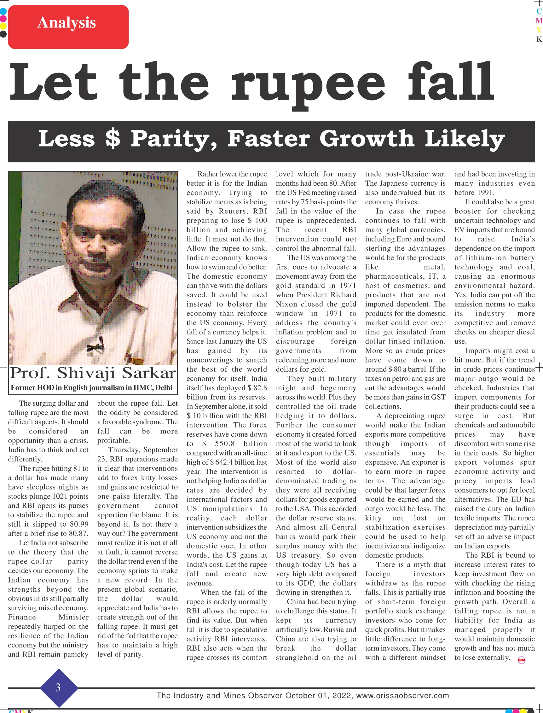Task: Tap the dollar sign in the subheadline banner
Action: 113,139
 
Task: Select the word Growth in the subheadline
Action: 367,139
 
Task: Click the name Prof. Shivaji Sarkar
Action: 93,373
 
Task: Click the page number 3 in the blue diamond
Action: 58,687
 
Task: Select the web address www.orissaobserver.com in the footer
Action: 402,696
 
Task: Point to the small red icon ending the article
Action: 521,660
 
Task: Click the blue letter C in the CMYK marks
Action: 539,11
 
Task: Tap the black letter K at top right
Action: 539,39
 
